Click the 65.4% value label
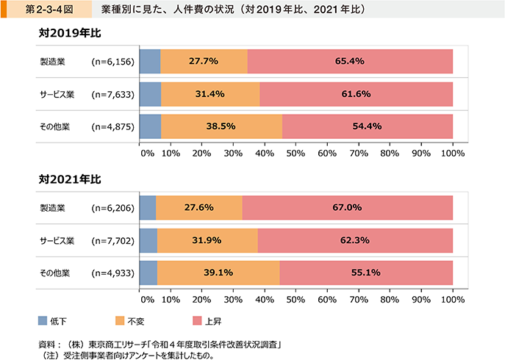click(x=350, y=62)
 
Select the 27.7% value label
click(x=203, y=62)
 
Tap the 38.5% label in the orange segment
click(x=221, y=126)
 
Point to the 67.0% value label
click(x=347, y=208)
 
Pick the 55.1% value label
click(x=366, y=273)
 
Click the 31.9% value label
click(x=207, y=240)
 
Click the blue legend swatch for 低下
click(x=43, y=320)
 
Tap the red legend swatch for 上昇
click(x=196, y=320)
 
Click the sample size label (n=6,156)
click(x=112, y=62)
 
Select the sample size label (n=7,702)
click(x=112, y=240)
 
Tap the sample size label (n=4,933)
click(x=112, y=273)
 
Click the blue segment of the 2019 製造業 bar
click(x=149, y=62)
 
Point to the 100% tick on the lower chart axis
click(x=452, y=299)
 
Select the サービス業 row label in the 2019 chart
click(x=57, y=94)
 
